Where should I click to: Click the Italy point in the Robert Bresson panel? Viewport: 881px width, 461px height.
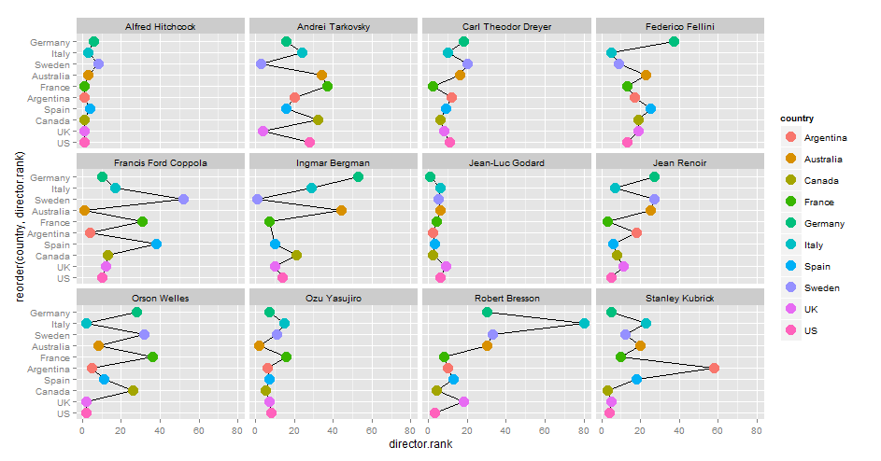click(x=584, y=323)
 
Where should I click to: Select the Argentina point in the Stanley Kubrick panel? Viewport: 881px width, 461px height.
click(x=714, y=368)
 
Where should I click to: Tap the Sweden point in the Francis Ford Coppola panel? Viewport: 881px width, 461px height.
click(x=183, y=199)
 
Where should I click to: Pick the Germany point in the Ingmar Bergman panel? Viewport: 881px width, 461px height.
click(x=358, y=176)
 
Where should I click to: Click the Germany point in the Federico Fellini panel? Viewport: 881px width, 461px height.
click(x=674, y=41)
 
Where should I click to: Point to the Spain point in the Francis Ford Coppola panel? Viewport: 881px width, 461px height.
click(x=156, y=244)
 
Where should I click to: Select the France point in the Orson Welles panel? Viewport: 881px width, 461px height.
click(x=152, y=356)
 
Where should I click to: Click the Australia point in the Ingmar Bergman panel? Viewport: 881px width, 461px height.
click(x=341, y=210)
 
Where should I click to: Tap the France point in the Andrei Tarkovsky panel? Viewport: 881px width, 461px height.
click(x=327, y=86)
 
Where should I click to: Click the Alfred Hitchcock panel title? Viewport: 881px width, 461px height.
click(x=161, y=26)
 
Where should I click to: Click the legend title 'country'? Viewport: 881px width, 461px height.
click(x=798, y=119)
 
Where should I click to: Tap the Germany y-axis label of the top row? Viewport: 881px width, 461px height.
click(x=49, y=42)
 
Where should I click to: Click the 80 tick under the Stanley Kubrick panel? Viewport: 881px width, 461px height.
click(x=756, y=432)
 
